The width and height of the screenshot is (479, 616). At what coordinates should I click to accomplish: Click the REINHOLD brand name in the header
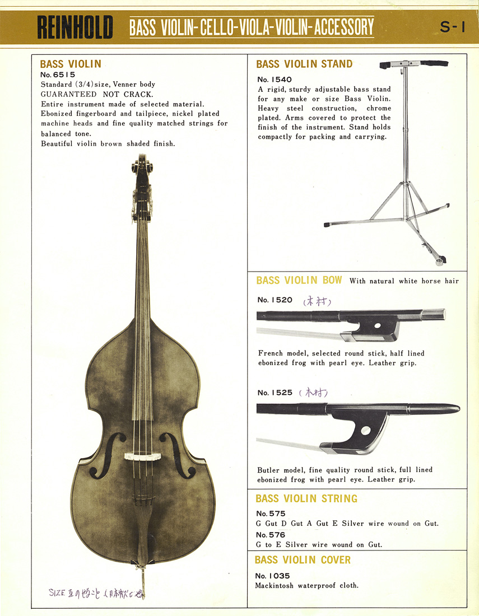click(75, 27)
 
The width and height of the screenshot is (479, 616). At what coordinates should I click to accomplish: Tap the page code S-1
click(453, 27)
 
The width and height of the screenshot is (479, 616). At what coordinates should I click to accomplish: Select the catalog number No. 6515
click(58, 74)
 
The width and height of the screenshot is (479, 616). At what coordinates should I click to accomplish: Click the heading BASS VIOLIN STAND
click(304, 64)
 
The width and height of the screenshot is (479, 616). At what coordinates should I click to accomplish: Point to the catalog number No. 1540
click(275, 80)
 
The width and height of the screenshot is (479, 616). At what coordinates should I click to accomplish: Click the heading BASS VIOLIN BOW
click(299, 280)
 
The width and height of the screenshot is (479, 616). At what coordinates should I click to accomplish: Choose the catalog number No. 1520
click(275, 300)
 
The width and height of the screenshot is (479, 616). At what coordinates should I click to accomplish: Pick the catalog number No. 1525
click(275, 393)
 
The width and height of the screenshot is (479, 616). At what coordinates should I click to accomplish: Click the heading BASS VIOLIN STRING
click(306, 498)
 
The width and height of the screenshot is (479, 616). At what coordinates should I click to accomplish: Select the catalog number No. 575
click(271, 514)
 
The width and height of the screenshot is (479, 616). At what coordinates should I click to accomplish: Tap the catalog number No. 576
click(271, 535)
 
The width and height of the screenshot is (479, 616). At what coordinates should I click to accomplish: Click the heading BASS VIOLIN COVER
click(303, 560)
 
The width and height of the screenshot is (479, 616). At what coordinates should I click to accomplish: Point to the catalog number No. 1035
click(272, 576)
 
